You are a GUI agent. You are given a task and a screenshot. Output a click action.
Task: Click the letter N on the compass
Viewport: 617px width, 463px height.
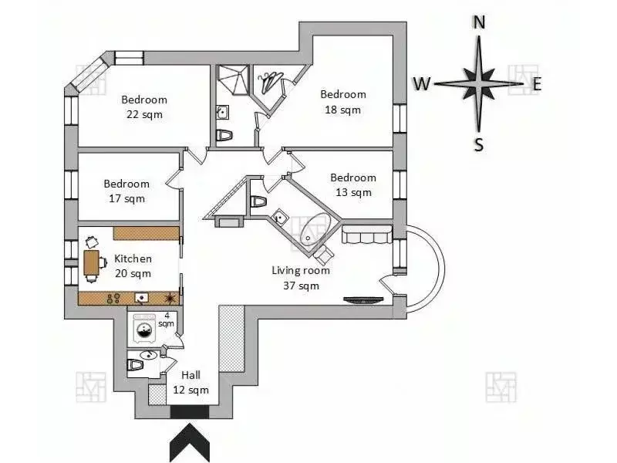pos(479,22)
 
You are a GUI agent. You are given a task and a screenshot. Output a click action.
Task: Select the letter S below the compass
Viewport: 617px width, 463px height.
pos(479,144)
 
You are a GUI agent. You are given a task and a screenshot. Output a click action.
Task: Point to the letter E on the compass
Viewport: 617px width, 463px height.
pos(537,84)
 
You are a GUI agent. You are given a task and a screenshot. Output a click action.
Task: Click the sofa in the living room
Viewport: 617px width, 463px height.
pos(367,234)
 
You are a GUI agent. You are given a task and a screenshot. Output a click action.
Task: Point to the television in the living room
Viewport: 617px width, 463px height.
pos(362,300)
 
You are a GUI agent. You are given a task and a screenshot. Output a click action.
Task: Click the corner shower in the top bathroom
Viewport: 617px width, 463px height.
pos(229,79)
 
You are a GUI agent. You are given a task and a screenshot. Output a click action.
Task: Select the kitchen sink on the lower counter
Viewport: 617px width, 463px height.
pos(142,297)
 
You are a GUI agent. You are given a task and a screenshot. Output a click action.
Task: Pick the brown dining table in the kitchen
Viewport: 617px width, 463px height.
pos(91,264)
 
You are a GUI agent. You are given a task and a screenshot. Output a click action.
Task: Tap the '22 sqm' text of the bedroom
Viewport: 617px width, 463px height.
pos(144,114)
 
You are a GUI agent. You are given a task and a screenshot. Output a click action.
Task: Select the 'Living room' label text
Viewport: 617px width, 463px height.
pos(300,271)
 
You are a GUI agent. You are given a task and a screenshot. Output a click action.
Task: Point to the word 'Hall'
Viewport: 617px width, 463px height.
pos(190,375)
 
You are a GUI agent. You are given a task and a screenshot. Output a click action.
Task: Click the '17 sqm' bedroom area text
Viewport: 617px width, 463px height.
pos(126,198)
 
